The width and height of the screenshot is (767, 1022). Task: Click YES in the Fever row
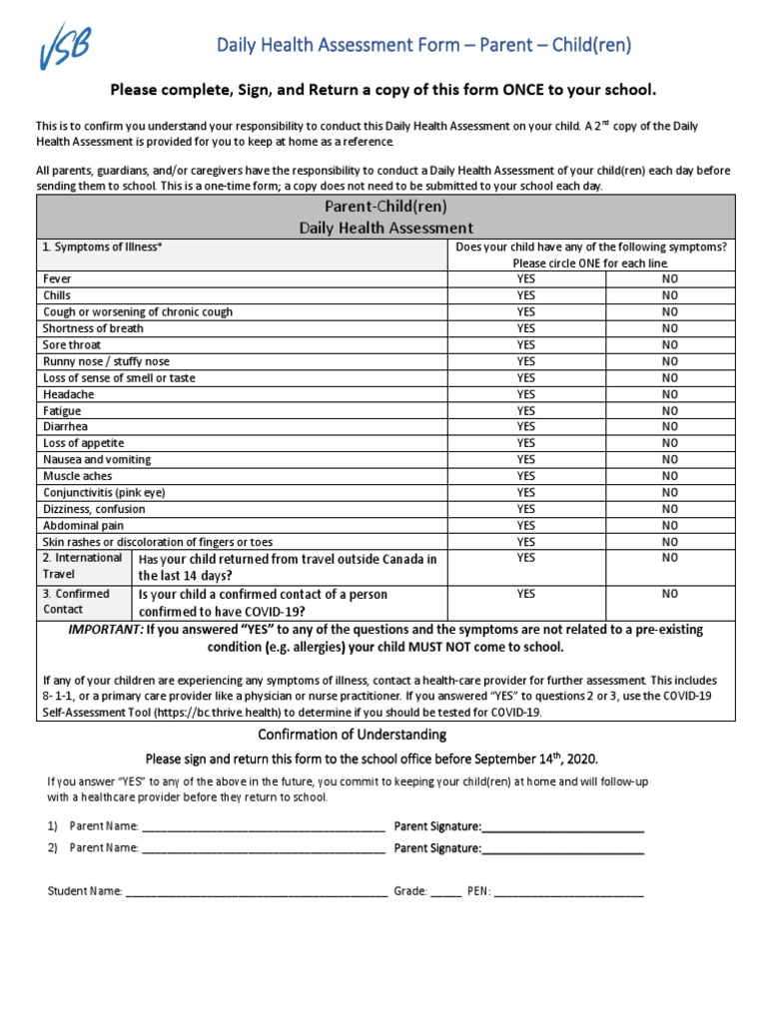coord(526,279)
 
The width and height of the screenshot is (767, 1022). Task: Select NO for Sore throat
coord(669,344)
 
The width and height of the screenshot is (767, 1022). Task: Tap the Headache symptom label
coord(69,394)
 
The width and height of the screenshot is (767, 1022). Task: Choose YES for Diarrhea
coord(526,426)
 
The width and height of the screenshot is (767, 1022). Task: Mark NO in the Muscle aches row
coord(669,476)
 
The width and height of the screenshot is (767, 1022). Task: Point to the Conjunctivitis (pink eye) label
coord(104,492)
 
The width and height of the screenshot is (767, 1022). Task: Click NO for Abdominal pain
coord(669,525)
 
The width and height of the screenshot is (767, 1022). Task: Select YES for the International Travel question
coord(526,558)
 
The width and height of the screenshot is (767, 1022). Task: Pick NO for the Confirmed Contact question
coord(669,594)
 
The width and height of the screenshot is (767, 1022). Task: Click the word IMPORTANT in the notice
coord(105,630)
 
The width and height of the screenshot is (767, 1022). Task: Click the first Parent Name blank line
coord(264,827)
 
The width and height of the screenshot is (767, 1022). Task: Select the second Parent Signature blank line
coord(563,849)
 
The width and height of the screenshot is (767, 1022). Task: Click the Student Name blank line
coord(257,892)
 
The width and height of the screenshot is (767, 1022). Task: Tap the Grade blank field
coord(445,892)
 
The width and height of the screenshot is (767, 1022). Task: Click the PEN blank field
coord(569,892)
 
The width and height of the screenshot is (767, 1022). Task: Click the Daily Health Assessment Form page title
coord(425,45)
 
